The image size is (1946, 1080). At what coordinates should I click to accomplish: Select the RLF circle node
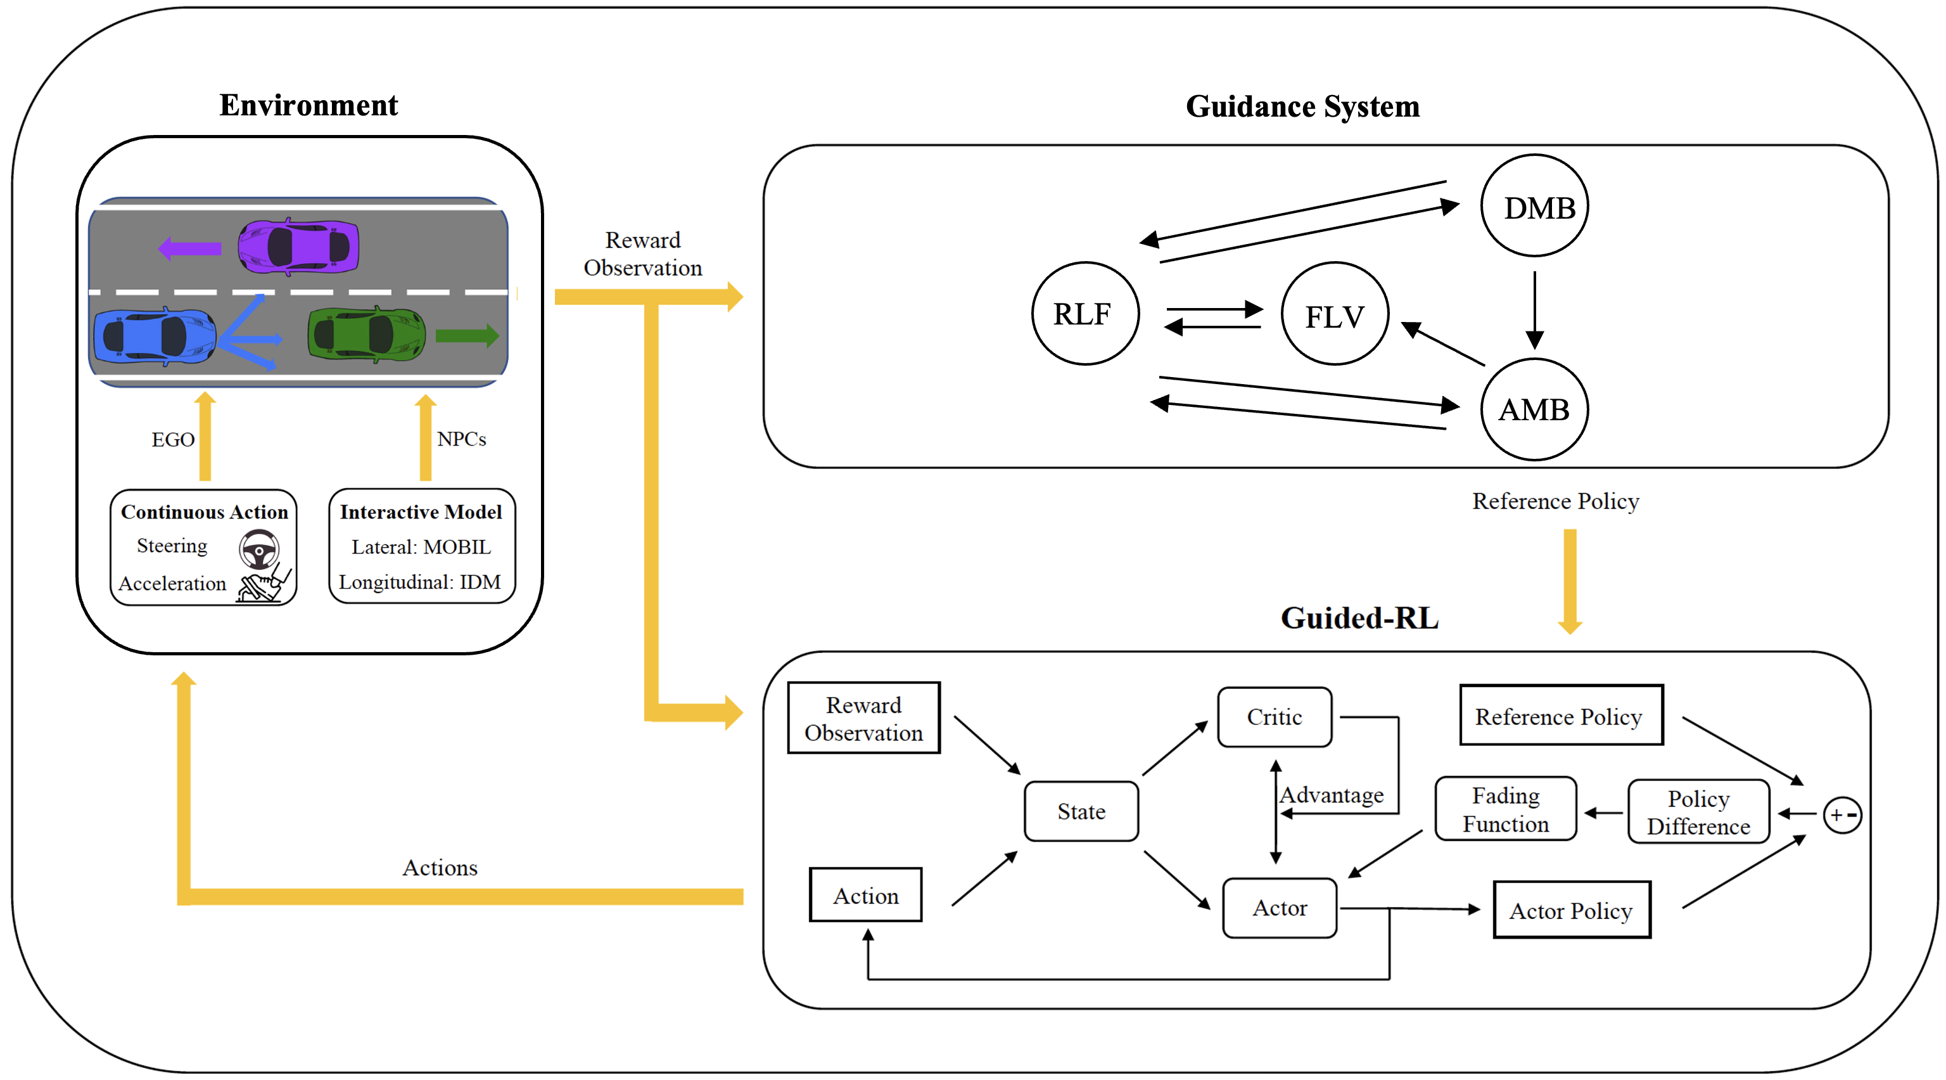click(1084, 314)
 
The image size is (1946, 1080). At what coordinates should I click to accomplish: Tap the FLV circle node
click(1334, 314)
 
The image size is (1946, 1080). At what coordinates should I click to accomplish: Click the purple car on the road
click(298, 247)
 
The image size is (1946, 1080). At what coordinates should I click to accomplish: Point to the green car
click(366, 334)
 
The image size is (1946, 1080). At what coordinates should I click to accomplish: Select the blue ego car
click(154, 337)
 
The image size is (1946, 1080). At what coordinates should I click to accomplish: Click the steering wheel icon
click(259, 550)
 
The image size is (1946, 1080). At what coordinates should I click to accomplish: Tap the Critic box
click(1275, 716)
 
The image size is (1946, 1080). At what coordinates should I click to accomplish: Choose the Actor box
click(1279, 908)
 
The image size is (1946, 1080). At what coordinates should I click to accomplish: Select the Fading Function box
click(1505, 809)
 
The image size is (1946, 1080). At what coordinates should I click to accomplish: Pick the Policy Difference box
click(1698, 813)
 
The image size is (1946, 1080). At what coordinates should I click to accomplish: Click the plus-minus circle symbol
click(1841, 814)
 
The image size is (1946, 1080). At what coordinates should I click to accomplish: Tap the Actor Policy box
click(1571, 910)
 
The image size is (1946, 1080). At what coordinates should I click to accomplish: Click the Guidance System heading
click(1302, 106)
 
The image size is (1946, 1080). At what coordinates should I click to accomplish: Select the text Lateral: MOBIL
click(421, 546)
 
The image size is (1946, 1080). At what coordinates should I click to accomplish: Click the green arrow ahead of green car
click(467, 335)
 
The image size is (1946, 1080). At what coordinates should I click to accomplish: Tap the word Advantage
click(1332, 795)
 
